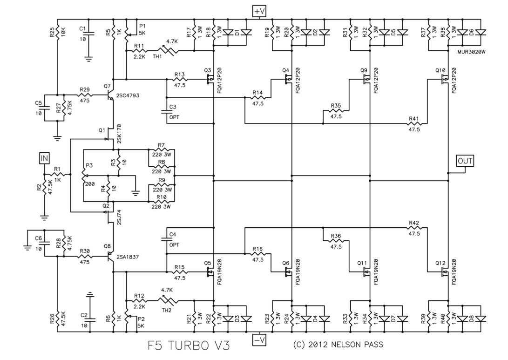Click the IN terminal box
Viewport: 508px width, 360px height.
coord(44,159)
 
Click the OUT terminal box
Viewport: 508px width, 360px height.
coord(465,161)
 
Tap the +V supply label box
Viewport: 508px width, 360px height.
coord(259,11)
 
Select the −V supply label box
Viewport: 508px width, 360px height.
coord(259,340)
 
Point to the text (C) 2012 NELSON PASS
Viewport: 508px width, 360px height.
coord(339,345)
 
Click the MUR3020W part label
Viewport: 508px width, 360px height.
coord(472,53)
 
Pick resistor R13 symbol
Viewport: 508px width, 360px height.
coord(179,80)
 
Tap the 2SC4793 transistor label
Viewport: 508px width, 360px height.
coord(129,95)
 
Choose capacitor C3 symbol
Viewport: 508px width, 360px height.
coord(167,112)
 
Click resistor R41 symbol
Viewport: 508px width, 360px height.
coord(414,124)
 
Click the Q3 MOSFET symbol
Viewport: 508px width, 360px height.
coord(211,80)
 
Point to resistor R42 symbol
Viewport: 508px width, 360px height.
coord(414,228)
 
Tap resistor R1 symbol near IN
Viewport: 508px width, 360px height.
coord(57,174)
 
